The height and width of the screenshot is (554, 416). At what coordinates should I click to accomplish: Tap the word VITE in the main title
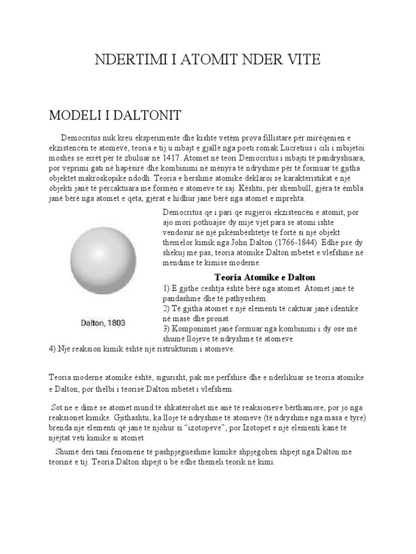point(302,60)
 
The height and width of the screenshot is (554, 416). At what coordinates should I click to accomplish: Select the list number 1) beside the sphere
point(166,288)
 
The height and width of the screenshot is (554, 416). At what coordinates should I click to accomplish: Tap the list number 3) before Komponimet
point(166,328)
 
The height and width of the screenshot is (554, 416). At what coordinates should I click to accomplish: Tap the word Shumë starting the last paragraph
point(67,452)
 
